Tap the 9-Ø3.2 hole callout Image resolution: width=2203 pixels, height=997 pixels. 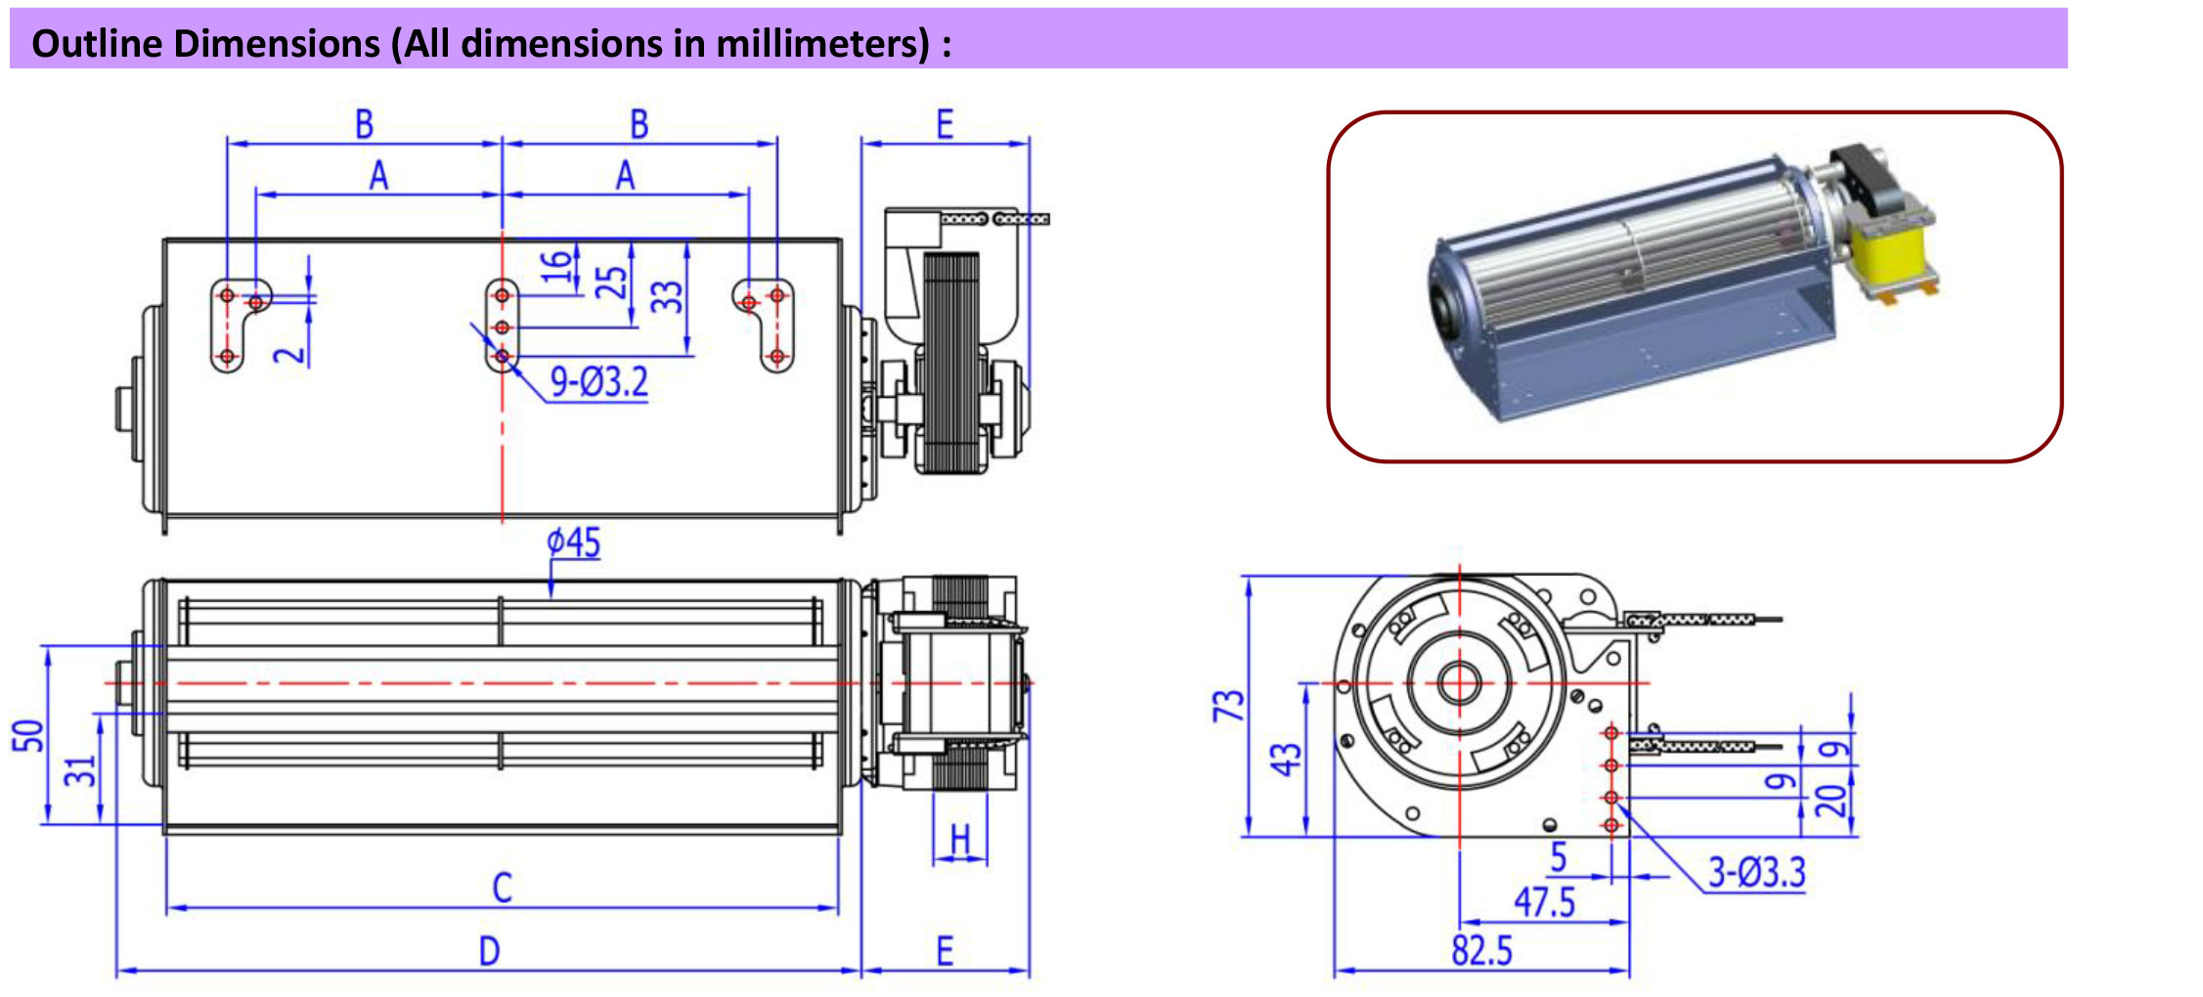point(598,380)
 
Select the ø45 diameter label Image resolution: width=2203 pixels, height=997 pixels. point(574,542)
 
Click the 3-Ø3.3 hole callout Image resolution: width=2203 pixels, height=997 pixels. point(1756,872)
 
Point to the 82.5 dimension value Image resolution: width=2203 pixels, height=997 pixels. point(1481,950)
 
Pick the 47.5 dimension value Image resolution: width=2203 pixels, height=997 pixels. point(1545,902)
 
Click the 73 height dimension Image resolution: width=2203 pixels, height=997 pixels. point(1228,705)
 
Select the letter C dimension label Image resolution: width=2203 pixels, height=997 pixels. point(502,888)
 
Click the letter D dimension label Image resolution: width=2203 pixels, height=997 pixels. point(489,951)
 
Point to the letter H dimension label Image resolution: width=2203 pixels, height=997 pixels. point(960,839)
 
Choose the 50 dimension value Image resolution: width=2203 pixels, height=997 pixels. point(29,735)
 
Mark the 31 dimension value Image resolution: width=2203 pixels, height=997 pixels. point(82,770)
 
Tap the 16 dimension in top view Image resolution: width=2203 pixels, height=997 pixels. point(555,266)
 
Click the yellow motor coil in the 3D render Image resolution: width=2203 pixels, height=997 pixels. point(1894,252)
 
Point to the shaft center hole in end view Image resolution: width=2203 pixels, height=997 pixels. point(1459,682)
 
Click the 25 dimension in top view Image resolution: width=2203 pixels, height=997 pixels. point(611,282)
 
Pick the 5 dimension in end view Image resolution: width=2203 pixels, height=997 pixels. point(1559,857)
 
